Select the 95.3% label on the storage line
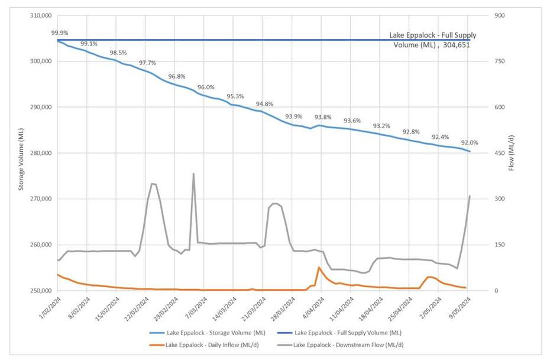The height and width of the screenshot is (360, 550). tap(235, 96)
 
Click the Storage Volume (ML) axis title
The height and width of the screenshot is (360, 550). tap(21, 153)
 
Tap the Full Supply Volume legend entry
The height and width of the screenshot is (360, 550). tap(348, 333)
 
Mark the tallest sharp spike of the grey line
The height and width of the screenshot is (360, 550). tap(193, 174)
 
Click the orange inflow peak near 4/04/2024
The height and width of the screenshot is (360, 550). tap(319, 267)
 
